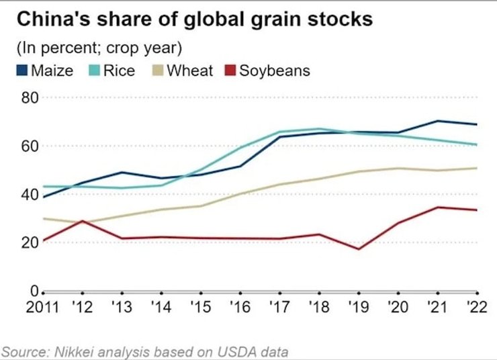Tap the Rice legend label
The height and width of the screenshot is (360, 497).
pyautogui.click(x=119, y=70)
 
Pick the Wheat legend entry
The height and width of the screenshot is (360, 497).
pyautogui.click(x=190, y=70)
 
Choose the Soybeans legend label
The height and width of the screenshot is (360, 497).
pyautogui.click(x=275, y=70)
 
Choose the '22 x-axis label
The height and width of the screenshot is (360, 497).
pyautogui.click(x=475, y=309)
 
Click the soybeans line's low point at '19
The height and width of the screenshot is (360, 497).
pyautogui.click(x=358, y=249)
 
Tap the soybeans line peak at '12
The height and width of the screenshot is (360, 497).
pyautogui.click(x=82, y=220)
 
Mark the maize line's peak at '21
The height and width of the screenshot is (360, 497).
pyautogui.click(x=437, y=121)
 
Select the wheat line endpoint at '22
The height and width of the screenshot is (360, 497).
pyautogui.click(x=476, y=168)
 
